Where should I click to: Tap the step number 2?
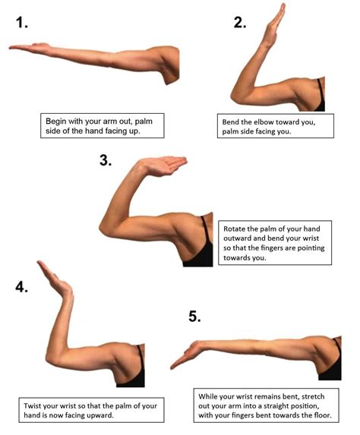[240, 22]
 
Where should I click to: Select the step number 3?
[106, 160]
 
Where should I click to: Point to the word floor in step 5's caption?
[324, 415]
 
